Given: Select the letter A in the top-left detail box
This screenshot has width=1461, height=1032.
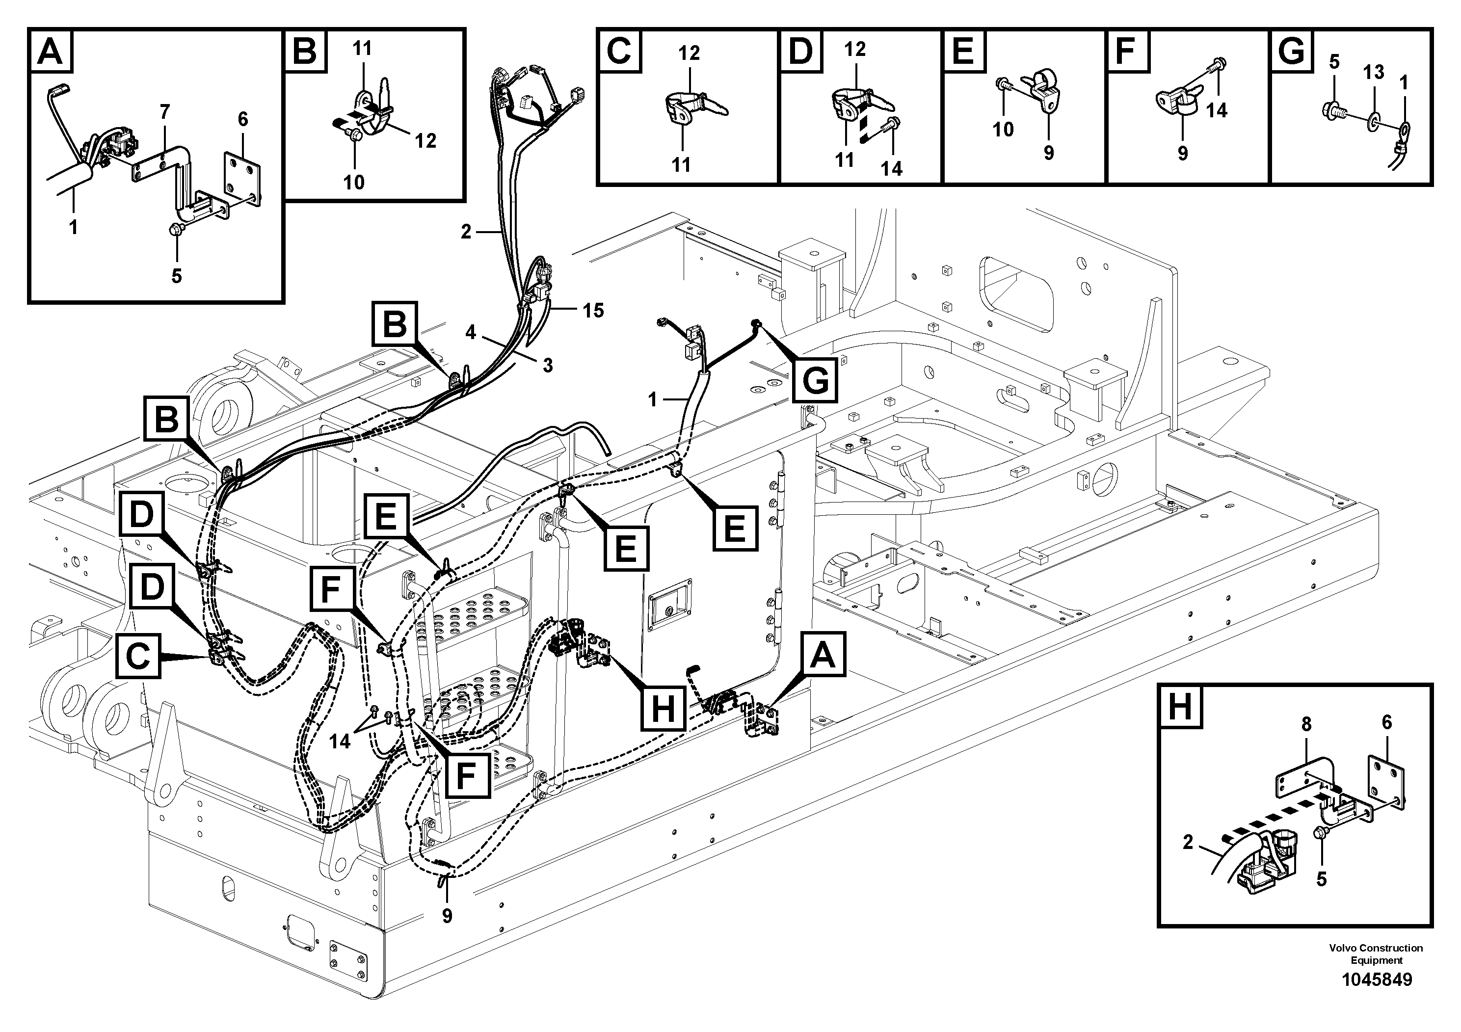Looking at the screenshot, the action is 50,51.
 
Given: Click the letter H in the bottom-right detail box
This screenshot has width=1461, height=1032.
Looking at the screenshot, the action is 1180,707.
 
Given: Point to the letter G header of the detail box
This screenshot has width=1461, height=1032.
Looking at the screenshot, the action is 1292,51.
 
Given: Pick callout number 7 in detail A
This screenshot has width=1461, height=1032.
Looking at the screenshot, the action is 165,112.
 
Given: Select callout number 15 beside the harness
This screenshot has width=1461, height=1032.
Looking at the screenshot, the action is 593,311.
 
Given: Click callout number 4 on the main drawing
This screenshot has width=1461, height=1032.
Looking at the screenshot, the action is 470,333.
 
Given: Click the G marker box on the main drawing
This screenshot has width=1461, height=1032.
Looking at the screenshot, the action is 816,380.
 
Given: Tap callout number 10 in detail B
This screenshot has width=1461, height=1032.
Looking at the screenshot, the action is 354,182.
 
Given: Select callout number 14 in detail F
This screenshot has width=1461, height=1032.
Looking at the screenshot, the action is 1216,110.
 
